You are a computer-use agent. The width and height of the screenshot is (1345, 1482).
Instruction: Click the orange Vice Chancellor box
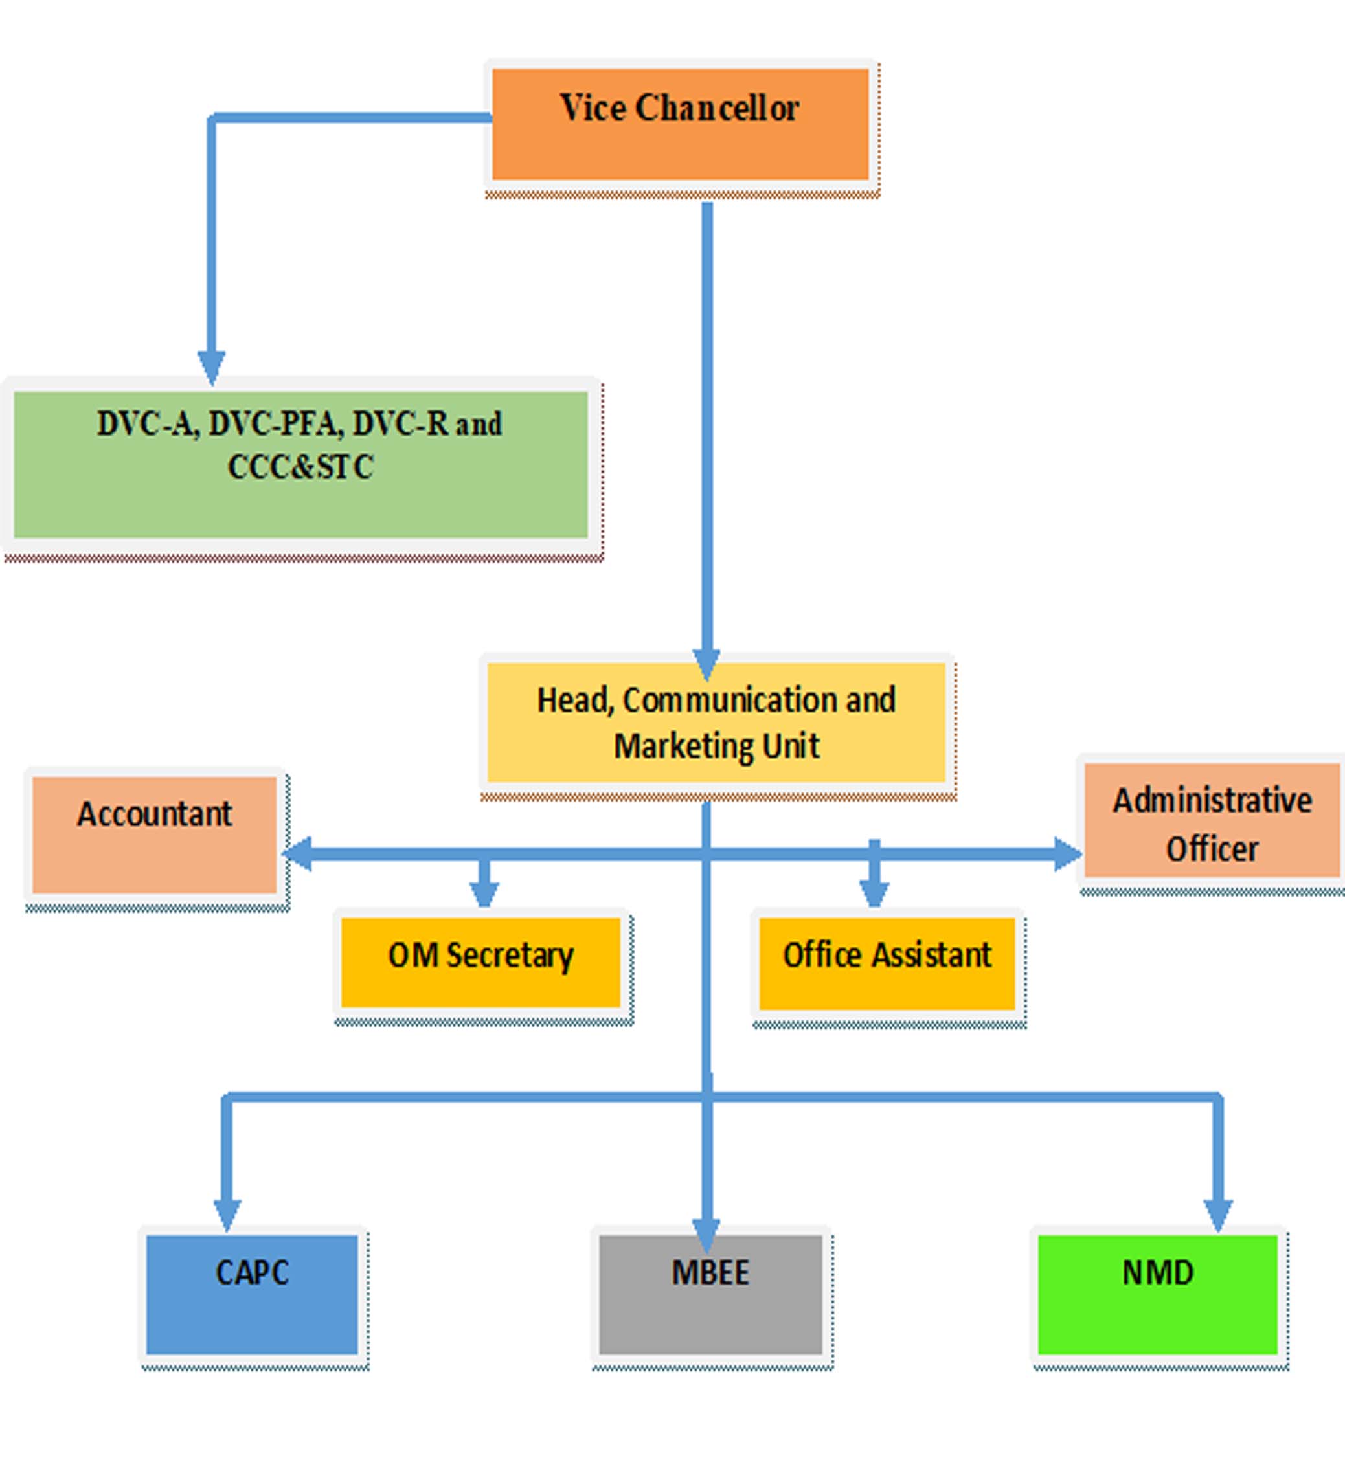pos(679,140)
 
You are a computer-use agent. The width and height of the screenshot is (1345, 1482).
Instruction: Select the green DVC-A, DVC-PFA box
pos(300,485)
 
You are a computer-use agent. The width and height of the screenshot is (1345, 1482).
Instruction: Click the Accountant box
pos(154,846)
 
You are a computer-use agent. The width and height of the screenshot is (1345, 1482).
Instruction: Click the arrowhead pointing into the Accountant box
pos(297,853)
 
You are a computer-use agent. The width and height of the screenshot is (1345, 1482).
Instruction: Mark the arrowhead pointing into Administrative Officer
pos(1068,853)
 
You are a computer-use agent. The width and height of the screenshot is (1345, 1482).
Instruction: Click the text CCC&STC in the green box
pos(300,467)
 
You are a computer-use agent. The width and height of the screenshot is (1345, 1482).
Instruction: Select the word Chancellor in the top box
pos(716,109)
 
